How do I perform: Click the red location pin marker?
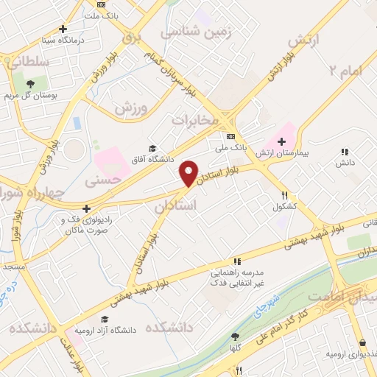pos(189,173)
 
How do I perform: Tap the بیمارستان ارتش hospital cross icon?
pos(281,141)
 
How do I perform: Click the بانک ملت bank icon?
pos(101,5)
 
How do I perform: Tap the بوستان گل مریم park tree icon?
pos(29,83)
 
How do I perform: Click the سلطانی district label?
pos(30,63)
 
